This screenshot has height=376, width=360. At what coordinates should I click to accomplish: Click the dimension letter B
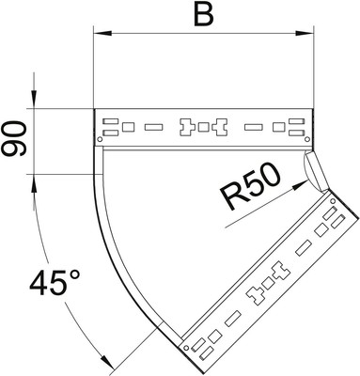[x=204, y=15]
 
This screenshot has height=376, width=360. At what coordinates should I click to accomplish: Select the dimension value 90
[x=13, y=139]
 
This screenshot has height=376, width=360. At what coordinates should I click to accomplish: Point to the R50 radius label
[x=249, y=187]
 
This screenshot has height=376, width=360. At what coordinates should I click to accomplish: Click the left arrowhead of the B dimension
[x=102, y=33]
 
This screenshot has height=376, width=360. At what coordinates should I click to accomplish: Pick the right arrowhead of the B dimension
[x=305, y=33]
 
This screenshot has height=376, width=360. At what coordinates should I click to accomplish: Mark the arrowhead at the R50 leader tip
[x=300, y=184]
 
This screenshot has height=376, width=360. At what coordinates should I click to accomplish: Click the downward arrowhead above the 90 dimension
[x=34, y=100]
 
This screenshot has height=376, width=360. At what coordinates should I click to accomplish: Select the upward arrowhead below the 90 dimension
[x=34, y=182]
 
